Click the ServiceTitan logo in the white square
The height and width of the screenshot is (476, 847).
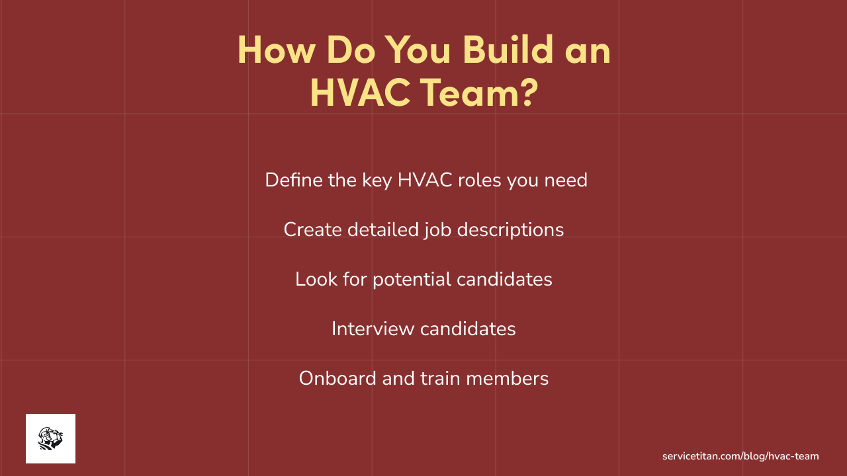[x=50, y=438]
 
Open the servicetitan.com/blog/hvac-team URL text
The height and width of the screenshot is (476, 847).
[x=740, y=456]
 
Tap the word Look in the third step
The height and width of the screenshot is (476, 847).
[x=311, y=279]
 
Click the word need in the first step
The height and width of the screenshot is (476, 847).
[x=566, y=180]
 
